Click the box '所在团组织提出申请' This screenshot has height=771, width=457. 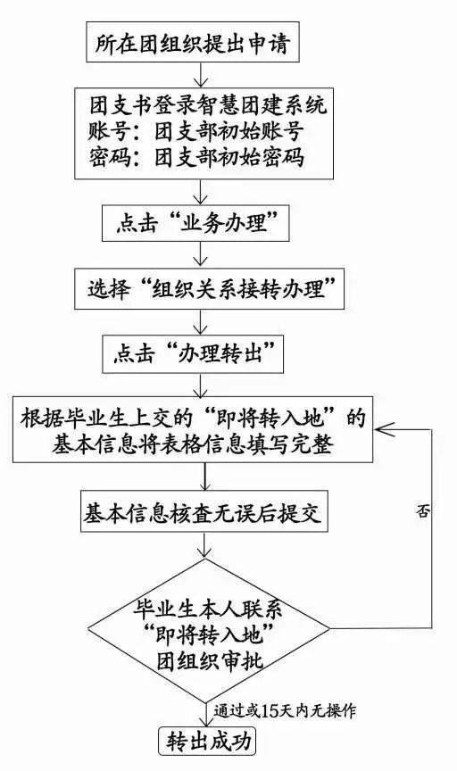[193, 42]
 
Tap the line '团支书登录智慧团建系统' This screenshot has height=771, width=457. [208, 104]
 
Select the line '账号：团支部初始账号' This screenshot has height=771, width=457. [195, 131]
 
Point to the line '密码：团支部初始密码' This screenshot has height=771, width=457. [195, 157]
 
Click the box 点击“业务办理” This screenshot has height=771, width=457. [195, 224]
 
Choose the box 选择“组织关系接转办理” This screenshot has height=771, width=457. [209, 288]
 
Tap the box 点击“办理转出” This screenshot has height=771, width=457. [193, 354]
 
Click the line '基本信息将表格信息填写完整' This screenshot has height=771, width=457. [192, 444]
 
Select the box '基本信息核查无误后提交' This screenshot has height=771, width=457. [204, 513]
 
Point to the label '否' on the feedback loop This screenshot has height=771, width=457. [422, 512]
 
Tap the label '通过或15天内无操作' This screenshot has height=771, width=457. [285, 711]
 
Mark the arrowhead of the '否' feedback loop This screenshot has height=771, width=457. [381, 429]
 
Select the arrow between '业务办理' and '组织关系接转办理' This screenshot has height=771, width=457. [200, 254]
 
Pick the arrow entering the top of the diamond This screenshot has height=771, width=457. [204, 545]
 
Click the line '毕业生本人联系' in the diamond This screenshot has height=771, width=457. [208, 610]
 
